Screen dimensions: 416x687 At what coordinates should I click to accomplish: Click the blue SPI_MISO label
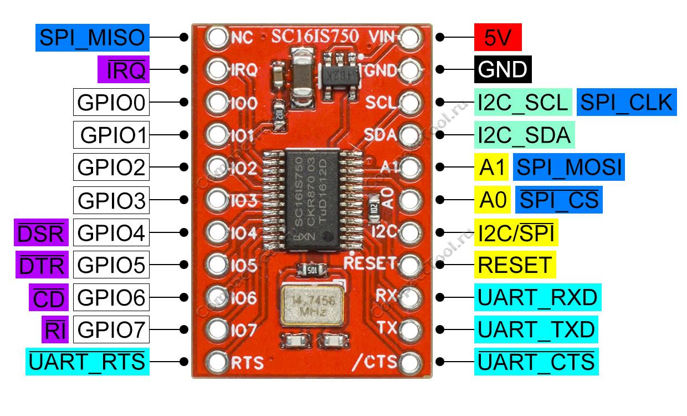[93, 38]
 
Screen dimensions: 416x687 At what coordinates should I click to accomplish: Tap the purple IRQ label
[121, 70]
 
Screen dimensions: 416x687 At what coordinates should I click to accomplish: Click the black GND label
[503, 70]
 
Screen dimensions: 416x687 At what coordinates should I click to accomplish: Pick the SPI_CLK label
[626, 103]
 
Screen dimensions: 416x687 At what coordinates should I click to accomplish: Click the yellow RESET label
[515, 265]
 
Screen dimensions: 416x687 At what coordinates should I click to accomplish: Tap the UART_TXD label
[536, 330]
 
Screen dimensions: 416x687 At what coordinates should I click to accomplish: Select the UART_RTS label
[87, 362]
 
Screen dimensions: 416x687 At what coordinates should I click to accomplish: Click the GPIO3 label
[111, 200]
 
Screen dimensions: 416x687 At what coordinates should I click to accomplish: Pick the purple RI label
[54, 331]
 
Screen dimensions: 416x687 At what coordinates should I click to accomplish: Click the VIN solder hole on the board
[409, 38]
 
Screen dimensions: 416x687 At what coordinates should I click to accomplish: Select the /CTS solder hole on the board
[409, 363]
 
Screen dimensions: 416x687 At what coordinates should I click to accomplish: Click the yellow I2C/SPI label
[516, 233]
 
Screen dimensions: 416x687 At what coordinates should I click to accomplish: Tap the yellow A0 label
[491, 200]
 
